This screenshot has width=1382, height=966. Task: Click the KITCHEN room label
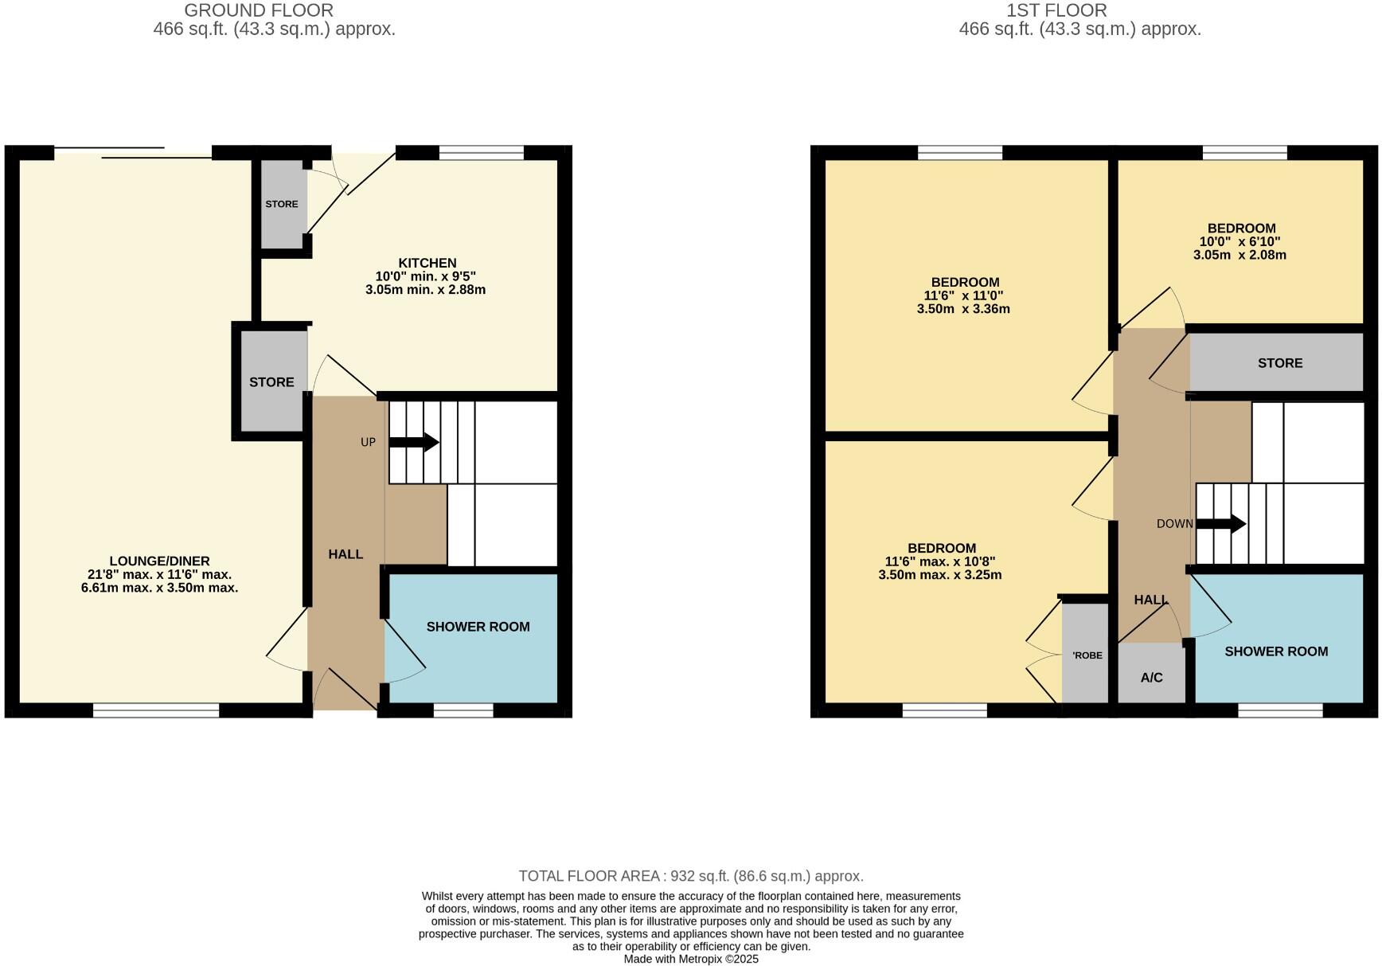point(427,264)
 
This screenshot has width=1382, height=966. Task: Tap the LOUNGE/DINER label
point(159,561)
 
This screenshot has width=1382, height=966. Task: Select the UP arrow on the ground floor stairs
point(414,442)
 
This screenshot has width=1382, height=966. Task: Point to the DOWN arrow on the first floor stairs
point(1221,523)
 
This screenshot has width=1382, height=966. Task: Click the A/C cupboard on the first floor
point(1151,678)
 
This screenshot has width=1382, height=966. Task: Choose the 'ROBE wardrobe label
point(1087,655)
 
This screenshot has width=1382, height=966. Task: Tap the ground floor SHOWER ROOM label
point(478,627)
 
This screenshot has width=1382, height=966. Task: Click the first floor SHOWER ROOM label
point(1275,651)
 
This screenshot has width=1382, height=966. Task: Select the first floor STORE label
point(1279,363)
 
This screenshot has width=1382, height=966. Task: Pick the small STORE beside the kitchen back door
point(281,205)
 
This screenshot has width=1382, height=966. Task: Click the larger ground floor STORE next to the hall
point(271,382)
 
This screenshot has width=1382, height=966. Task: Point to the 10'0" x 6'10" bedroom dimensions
point(1240,248)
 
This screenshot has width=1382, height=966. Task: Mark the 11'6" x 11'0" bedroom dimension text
point(963,302)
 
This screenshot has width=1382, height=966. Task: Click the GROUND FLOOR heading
point(258,10)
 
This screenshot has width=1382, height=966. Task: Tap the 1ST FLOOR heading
point(1056,10)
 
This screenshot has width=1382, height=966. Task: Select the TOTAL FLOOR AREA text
point(690,876)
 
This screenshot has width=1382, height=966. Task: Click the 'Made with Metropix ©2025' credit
point(690,959)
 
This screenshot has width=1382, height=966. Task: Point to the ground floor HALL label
point(345,554)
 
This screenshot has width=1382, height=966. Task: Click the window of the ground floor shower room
point(463,710)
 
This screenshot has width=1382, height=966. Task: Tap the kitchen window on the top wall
point(482,153)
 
